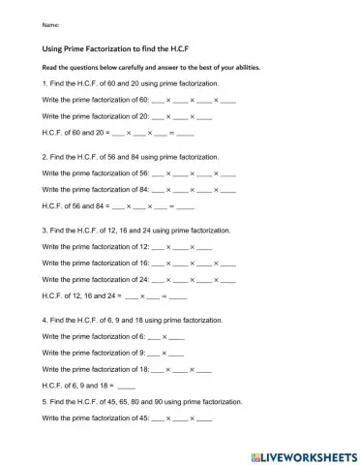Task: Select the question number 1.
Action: pyautogui.click(x=45, y=84)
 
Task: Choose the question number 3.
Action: pyautogui.click(x=45, y=232)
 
